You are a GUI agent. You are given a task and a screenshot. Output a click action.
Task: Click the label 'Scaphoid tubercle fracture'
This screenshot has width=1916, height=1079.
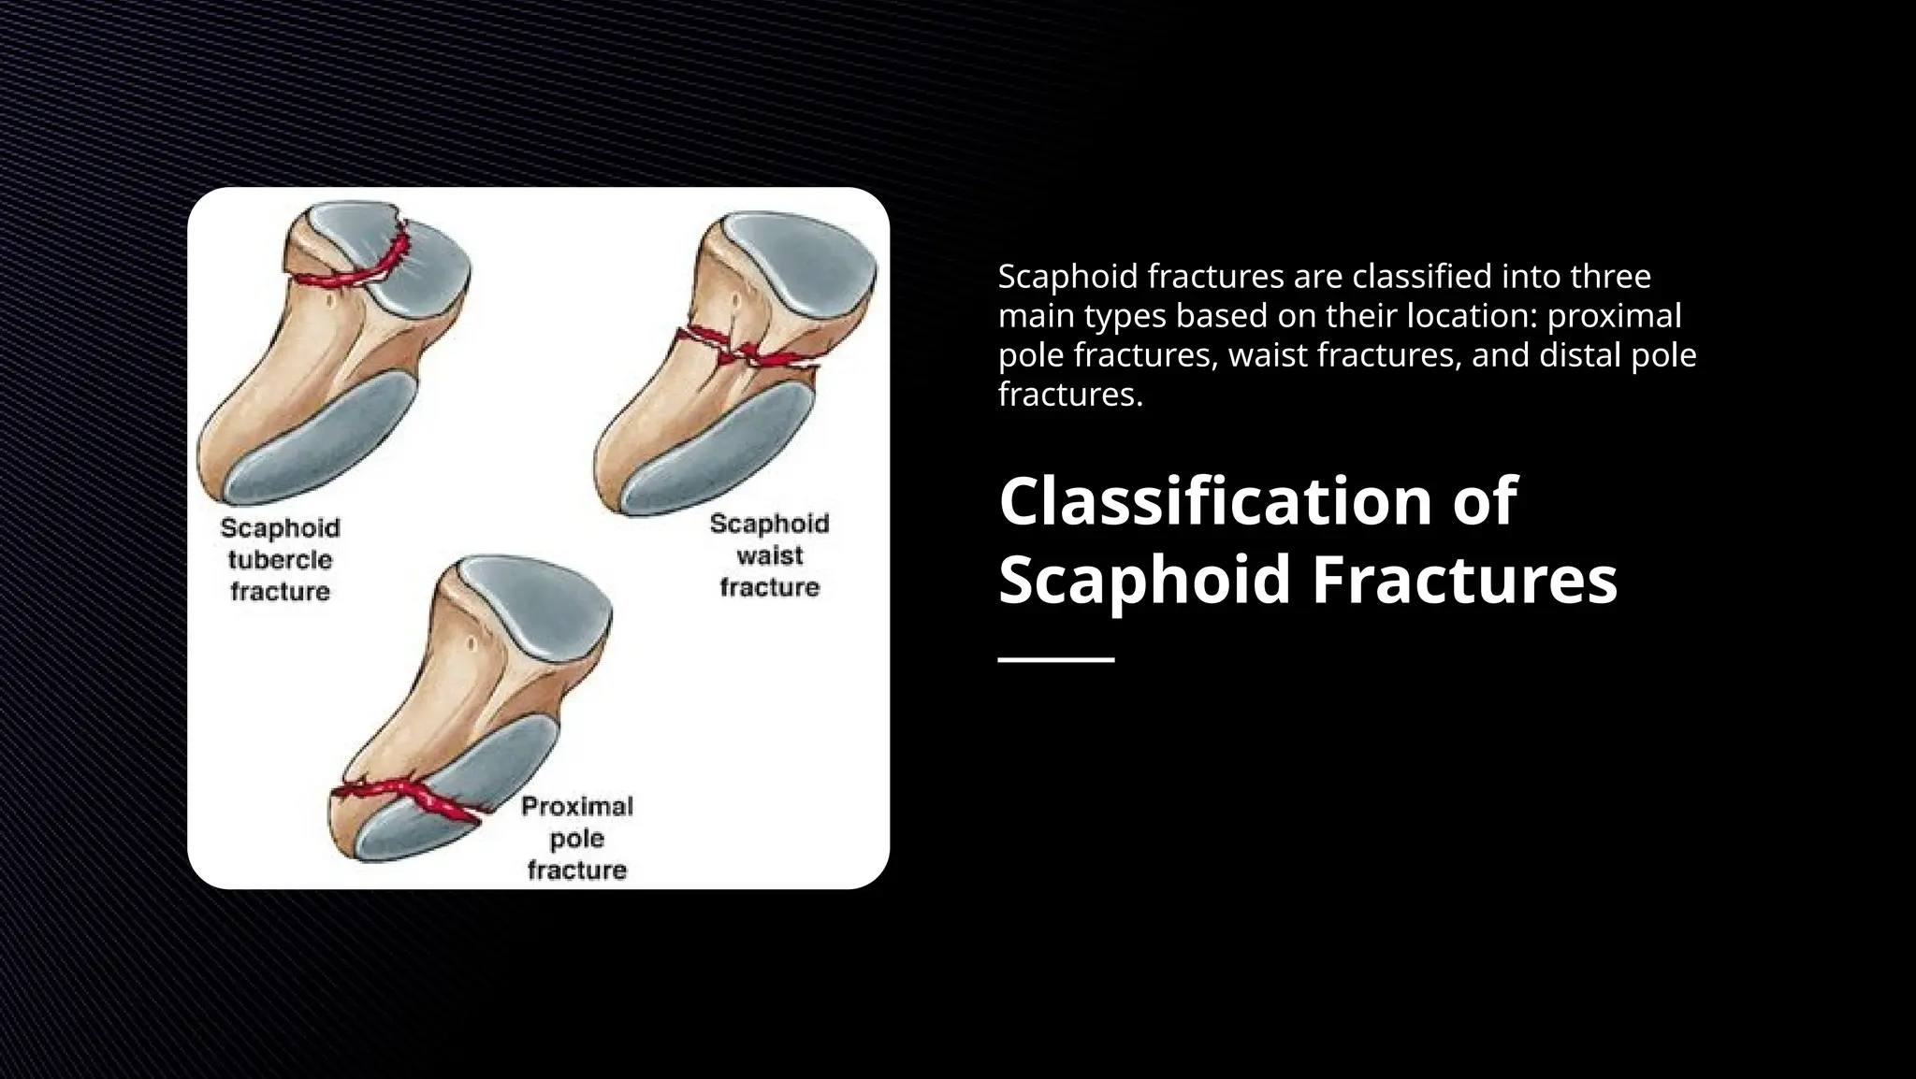(x=280, y=559)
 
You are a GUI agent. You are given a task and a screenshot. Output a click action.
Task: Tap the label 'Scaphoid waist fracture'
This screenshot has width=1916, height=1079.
(x=769, y=555)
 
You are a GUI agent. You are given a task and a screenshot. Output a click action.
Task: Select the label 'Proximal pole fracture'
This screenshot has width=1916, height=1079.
(x=576, y=838)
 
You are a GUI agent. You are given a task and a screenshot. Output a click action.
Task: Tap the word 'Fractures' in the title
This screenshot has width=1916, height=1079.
(x=1464, y=580)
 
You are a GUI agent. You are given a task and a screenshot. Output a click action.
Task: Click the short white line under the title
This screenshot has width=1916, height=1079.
(x=1056, y=660)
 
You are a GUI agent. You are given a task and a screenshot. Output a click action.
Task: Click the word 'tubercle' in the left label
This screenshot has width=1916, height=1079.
(x=280, y=559)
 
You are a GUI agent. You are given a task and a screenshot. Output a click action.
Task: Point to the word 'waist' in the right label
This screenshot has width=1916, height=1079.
(x=769, y=555)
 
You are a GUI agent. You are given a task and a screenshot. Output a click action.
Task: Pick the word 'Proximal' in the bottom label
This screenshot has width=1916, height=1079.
(x=576, y=806)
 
